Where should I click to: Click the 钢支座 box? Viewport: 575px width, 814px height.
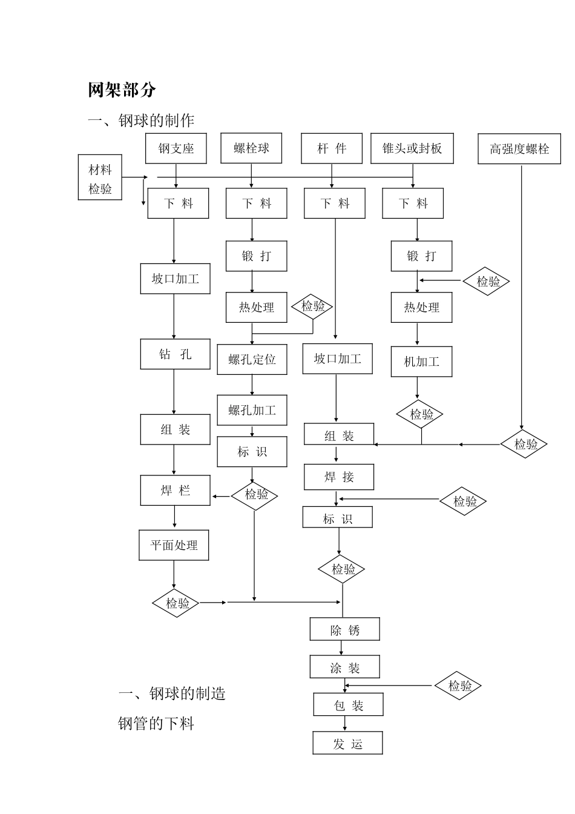click(176, 148)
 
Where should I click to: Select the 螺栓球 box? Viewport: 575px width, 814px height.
click(251, 148)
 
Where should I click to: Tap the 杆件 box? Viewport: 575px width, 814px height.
click(332, 148)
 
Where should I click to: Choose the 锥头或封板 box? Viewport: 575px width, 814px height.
click(412, 148)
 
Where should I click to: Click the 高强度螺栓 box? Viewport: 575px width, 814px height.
click(519, 148)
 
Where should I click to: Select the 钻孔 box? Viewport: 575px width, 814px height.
click(175, 354)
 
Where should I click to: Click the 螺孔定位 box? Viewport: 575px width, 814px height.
click(252, 359)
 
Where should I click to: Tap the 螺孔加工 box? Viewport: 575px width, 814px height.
click(252, 410)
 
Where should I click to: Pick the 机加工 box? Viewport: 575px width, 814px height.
click(421, 362)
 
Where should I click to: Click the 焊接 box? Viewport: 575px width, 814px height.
click(339, 477)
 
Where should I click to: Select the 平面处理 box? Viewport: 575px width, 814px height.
click(174, 545)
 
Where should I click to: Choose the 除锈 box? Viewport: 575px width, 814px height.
click(345, 630)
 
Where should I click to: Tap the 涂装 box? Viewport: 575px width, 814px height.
click(345, 667)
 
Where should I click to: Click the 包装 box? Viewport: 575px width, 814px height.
click(348, 705)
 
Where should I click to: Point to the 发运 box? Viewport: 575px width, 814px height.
click(347, 743)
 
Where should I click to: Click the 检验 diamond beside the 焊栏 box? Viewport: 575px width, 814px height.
click(255, 495)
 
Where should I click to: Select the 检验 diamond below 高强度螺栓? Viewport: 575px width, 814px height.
click(524, 444)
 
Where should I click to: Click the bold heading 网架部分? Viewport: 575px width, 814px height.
click(122, 90)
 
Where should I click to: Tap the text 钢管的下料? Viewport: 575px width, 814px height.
click(156, 723)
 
